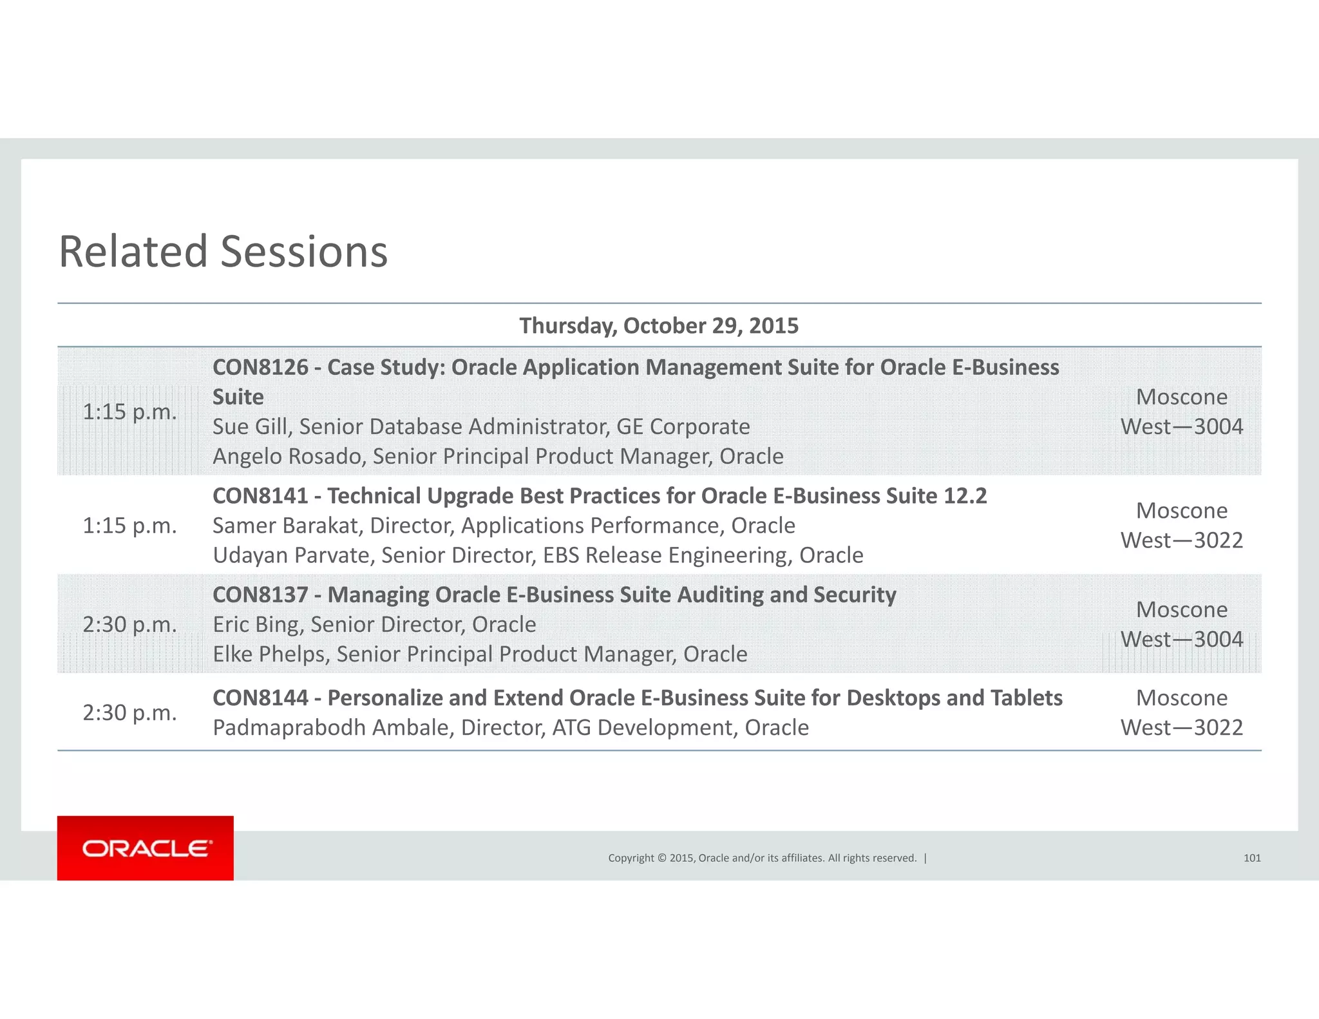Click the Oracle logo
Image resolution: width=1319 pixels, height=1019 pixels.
click(146, 848)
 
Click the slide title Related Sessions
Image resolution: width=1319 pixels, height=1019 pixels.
click(223, 251)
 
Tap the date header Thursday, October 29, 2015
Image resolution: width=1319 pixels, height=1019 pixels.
click(659, 326)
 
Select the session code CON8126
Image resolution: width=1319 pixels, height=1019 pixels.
click(260, 367)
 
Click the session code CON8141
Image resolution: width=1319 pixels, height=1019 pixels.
click(260, 496)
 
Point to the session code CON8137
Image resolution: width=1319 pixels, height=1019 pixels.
click(260, 595)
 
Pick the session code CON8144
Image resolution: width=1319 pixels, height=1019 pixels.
click(260, 698)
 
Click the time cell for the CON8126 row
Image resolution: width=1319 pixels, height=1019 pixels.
click(129, 412)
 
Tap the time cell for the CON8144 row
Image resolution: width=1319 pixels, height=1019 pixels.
click(129, 713)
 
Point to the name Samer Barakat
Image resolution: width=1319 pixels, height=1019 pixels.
click(287, 526)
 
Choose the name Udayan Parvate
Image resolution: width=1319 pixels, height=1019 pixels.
click(293, 555)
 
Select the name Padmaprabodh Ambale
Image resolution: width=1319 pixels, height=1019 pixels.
click(333, 728)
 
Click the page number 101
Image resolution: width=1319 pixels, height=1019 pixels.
click(1251, 858)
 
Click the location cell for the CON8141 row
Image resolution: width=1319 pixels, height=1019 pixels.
click(1181, 526)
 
